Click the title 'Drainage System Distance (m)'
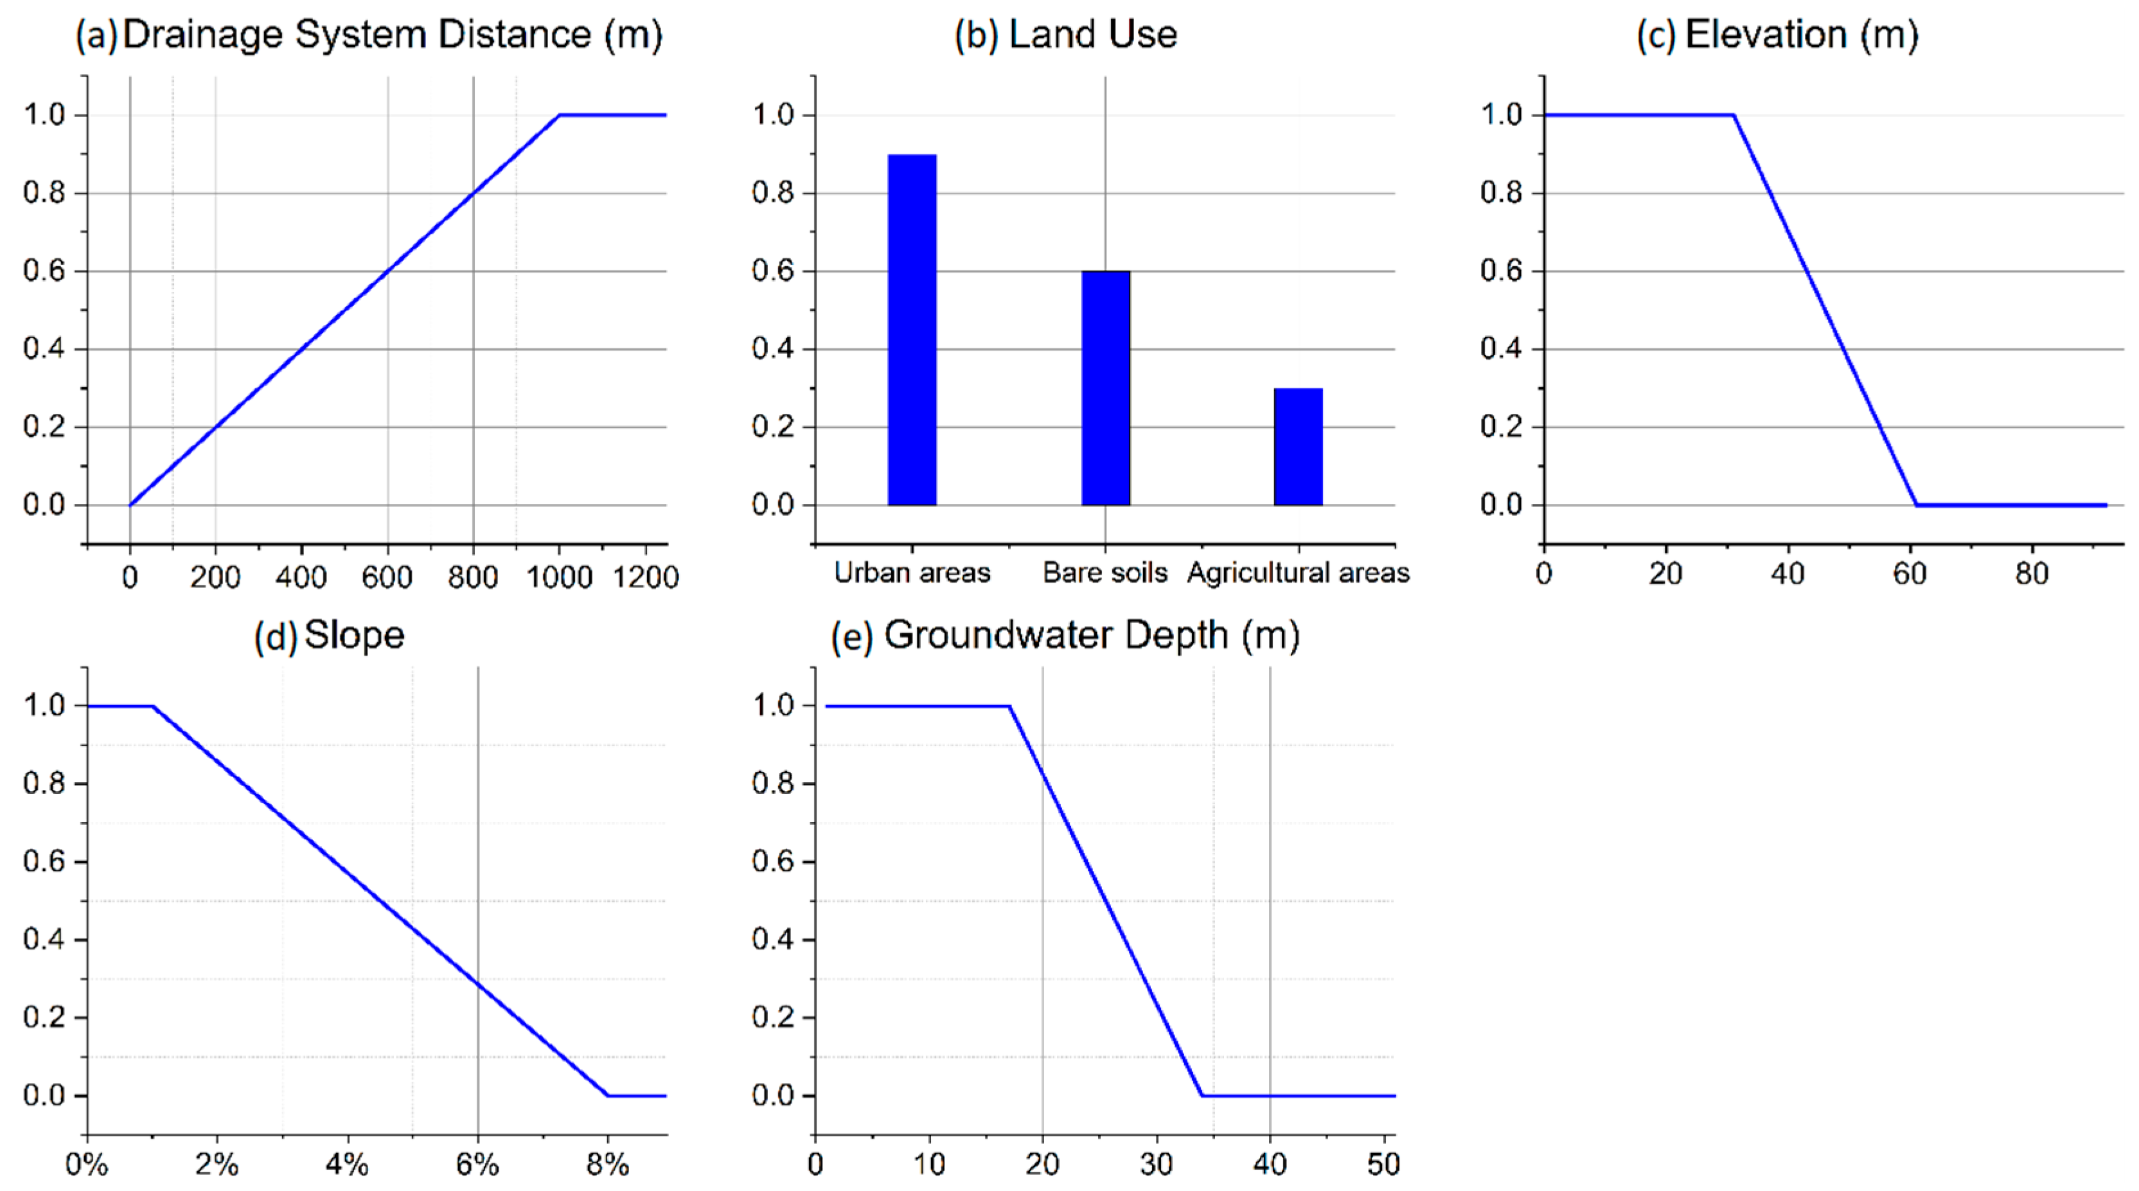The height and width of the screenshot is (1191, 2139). [x=392, y=35]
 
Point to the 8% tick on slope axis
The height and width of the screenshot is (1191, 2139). [x=607, y=1165]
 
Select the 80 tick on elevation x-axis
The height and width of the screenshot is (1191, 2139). [x=2031, y=574]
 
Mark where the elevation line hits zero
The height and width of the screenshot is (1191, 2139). [x=1915, y=504]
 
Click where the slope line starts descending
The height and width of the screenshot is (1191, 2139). [x=154, y=706]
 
